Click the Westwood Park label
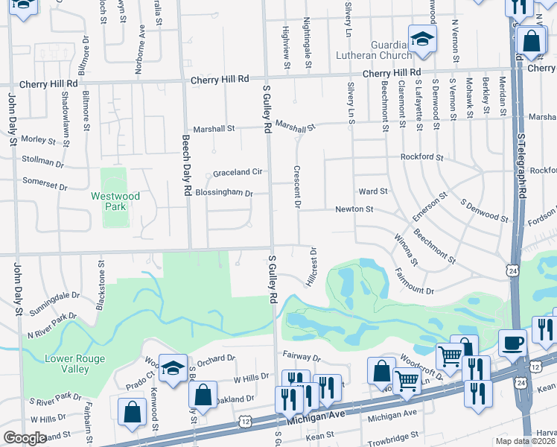109,201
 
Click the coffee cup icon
512,343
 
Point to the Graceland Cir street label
238,172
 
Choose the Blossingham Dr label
224,193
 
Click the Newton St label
354,210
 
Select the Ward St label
373,191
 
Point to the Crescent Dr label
297,186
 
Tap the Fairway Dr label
301,358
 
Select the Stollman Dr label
43,161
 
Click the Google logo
25,438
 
